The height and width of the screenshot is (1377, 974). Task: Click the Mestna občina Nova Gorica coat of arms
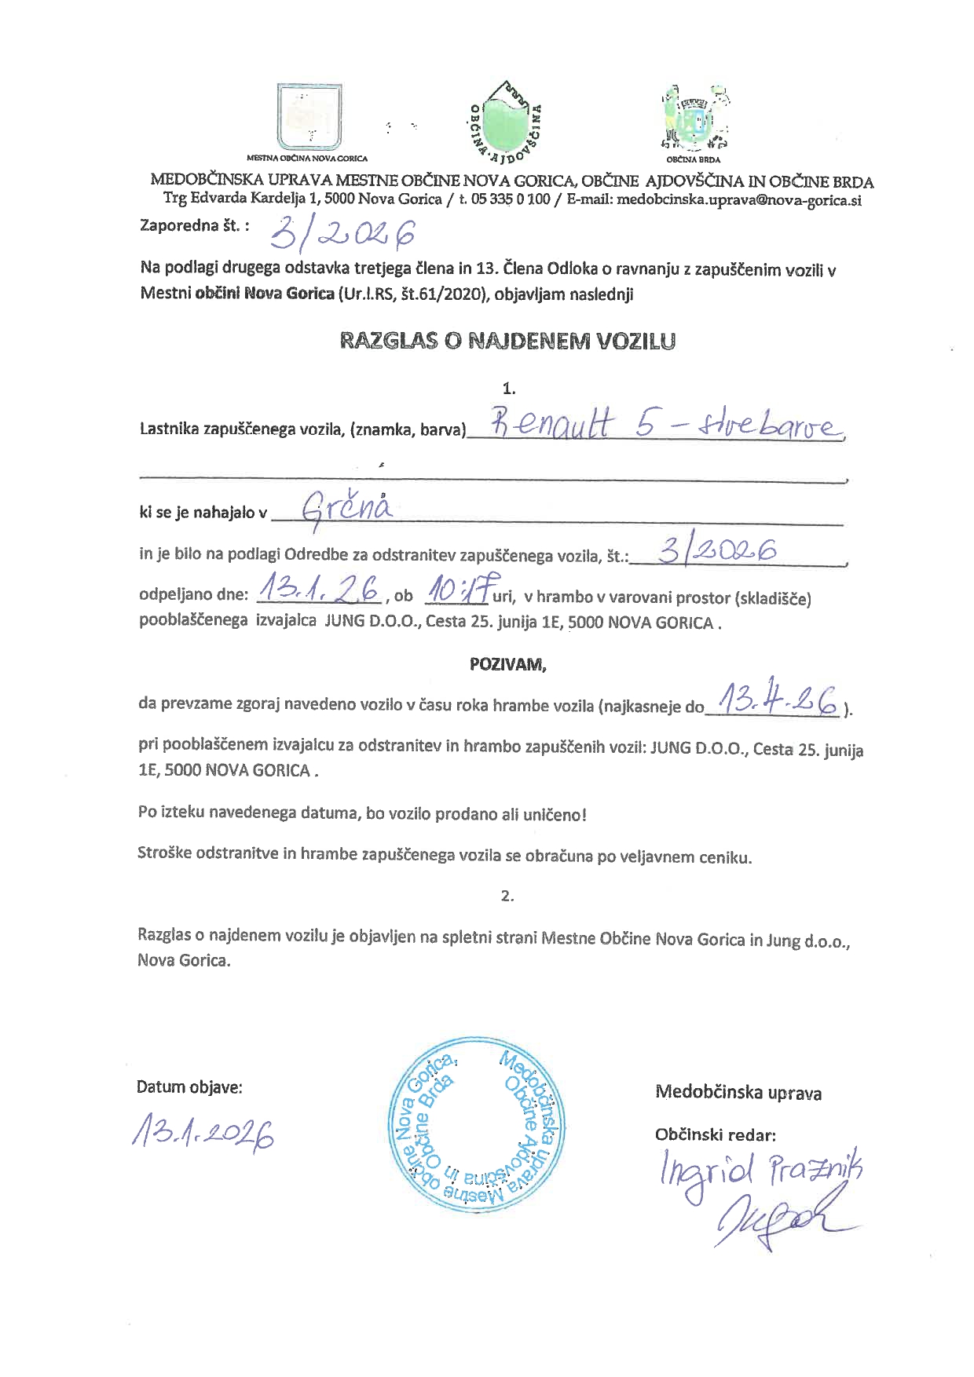coord(309,116)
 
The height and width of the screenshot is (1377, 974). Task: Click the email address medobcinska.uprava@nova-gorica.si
coord(739,199)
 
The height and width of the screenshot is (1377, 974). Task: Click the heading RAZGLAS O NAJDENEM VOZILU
coord(507,342)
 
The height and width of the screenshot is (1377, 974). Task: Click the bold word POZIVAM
coord(507,664)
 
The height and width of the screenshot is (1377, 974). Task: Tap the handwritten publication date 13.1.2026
coord(204,1131)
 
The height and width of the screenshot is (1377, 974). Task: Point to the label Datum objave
coord(189,1087)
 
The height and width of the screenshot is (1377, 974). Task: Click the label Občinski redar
coord(716,1134)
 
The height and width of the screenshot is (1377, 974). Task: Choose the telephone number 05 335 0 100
coord(510,199)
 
